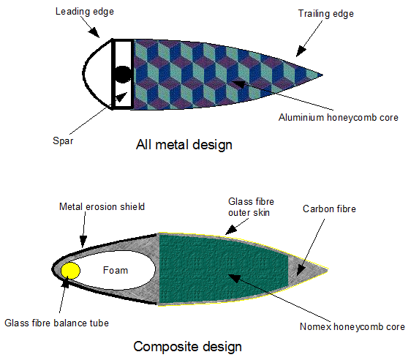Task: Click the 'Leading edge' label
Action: [85, 12]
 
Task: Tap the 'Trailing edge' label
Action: [326, 14]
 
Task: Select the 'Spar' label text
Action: [63, 141]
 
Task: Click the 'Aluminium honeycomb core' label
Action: [339, 118]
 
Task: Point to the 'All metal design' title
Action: [184, 145]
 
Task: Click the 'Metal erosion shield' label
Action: [102, 206]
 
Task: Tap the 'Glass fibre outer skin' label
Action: [251, 207]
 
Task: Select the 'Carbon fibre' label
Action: [329, 209]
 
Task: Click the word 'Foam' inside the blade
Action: [116, 270]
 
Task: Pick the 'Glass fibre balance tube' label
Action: [56, 323]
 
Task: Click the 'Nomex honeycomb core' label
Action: [352, 326]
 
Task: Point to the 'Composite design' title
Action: [187, 347]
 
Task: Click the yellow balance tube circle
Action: [70, 270]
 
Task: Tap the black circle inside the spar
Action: [122, 75]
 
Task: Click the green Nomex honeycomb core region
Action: [223, 269]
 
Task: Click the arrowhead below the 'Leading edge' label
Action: [94, 32]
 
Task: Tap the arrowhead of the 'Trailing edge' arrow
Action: [301, 51]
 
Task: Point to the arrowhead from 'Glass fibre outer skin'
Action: [231, 230]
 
